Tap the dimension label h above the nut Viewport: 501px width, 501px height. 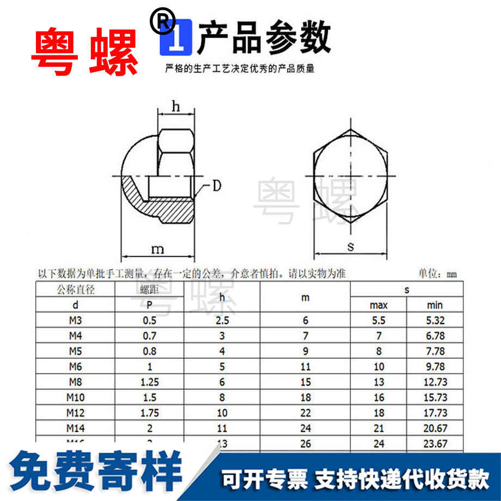pyautogui.click(x=175, y=107)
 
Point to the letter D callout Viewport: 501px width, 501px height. pyautogui.click(x=216, y=186)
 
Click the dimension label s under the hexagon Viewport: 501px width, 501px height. pyautogui.click(x=351, y=246)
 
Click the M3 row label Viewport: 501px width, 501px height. pyautogui.click(x=75, y=321)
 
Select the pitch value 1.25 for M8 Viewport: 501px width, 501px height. pyautogui.click(x=149, y=382)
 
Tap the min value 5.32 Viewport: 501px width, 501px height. pyautogui.click(x=435, y=321)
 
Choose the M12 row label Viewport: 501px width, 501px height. pyautogui.click(x=75, y=413)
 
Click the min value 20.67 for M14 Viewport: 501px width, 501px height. pyautogui.click(x=435, y=429)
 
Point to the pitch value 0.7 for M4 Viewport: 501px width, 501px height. pyautogui.click(x=149, y=336)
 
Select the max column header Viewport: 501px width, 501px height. pyautogui.click(x=378, y=305)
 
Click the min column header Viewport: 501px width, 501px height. pyautogui.click(x=435, y=305)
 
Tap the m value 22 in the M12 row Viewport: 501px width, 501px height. pyautogui.click(x=305, y=413)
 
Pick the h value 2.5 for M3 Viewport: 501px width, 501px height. pyautogui.click(x=222, y=321)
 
